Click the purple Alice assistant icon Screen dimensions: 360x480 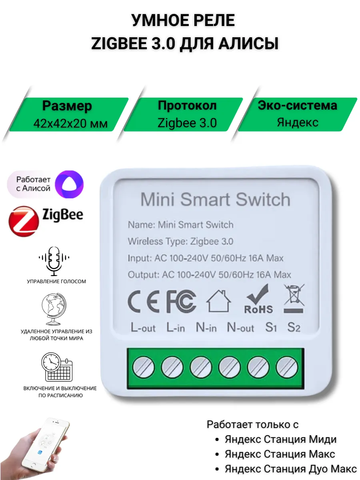coord(69,184)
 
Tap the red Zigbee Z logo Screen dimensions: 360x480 coord(24,221)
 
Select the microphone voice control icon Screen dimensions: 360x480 coord(54,261)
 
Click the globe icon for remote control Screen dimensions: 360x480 coord(54,309)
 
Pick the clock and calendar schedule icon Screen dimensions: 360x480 coord(57,367)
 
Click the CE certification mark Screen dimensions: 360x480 coord(143,301)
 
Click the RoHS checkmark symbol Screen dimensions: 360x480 coord(258,299)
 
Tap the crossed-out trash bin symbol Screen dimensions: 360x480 coord(294,298)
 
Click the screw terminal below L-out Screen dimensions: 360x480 coord(143,367)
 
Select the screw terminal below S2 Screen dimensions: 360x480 coord(287,367)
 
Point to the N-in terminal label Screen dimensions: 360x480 coord(206,328)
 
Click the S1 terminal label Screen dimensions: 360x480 coord(271,328)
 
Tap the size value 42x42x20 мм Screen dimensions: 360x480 coord(70,124)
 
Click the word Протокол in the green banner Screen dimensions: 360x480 coord(187,106)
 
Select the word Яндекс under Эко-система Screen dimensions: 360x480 coord(298,122)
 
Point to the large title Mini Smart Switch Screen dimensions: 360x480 coord(215,199)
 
